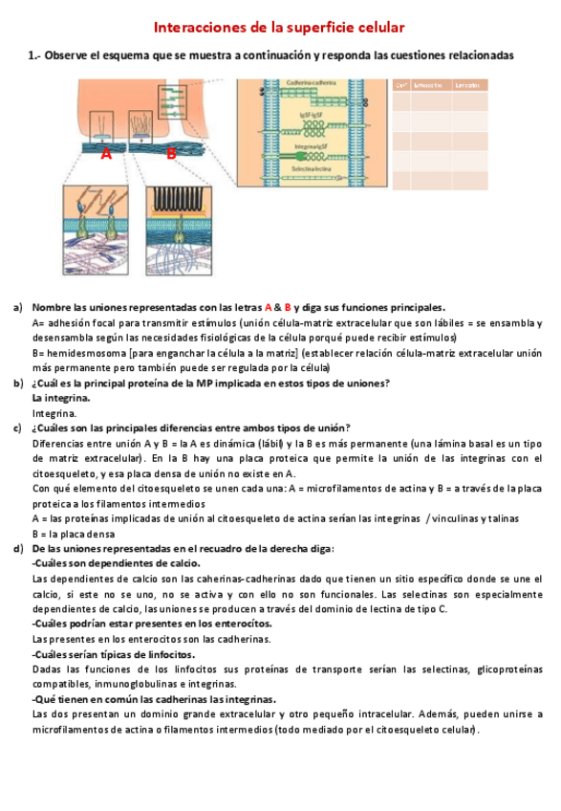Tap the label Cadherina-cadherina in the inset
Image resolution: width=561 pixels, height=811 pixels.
tap(311, 84)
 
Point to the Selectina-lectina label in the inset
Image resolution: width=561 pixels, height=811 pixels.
tap(311, 167)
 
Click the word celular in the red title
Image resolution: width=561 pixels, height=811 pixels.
tap(378, 30)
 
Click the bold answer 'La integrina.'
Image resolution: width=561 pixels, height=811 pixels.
tap(61, 397)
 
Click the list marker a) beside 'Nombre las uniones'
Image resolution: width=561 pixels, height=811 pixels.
tap(17, 308)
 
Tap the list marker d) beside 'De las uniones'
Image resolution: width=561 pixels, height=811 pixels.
tap(17, 549)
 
